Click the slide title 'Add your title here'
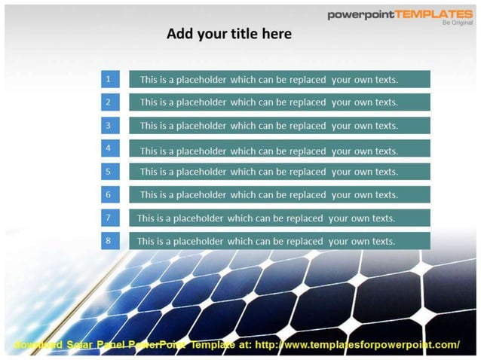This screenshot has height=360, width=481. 228,34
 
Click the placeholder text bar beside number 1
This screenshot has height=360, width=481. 279,79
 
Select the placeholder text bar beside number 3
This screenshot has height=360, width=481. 279,126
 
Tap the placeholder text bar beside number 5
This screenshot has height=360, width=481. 279,172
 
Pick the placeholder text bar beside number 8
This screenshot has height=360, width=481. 279,241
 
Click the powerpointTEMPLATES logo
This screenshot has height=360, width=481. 400,14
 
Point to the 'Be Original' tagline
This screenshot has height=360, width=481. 457,23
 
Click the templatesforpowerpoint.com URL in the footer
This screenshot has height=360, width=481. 357,345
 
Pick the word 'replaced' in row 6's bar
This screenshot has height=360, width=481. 302,194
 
